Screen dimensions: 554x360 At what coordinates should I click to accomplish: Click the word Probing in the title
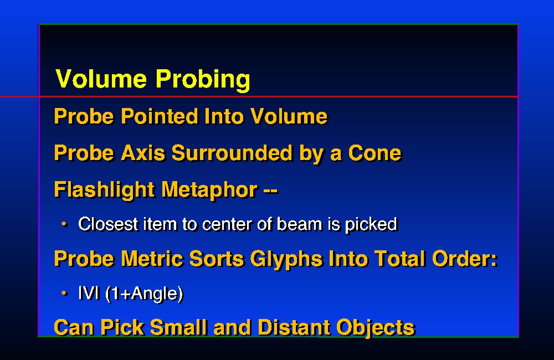(x=203, y=79)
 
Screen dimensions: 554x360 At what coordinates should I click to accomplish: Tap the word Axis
(x=143, y=153)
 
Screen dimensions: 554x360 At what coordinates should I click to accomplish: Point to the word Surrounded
(x=232, y=153)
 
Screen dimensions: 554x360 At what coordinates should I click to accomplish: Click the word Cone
(x=375, y=153)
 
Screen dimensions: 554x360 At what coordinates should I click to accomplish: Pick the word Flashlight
(x=104, y=191)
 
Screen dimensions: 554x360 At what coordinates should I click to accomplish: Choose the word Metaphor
(x=209, y=191)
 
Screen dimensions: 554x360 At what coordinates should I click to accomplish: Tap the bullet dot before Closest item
(x=64, y=224)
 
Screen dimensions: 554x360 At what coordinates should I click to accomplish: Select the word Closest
(x=108, y=224)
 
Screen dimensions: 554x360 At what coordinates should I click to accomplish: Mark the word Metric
(x=152, y=259)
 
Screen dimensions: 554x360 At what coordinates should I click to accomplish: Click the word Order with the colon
(x=465, y=259)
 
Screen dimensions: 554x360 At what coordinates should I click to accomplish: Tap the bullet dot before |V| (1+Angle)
(x=64, y=293)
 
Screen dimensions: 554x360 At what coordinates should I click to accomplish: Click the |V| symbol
(x=89, y=293)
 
